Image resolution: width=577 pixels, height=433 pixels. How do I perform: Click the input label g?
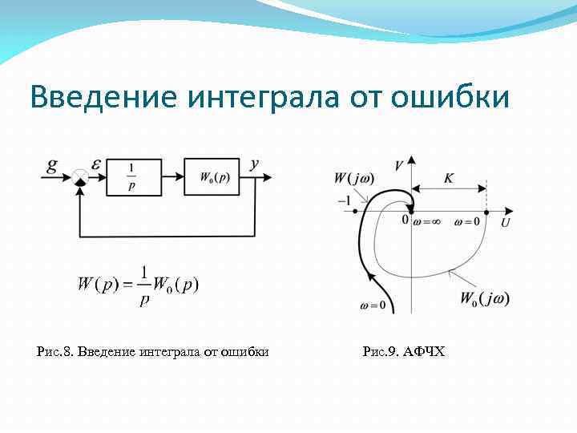52,167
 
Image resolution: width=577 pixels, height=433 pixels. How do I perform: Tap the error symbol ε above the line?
96,164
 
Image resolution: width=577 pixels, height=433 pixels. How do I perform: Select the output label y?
254,164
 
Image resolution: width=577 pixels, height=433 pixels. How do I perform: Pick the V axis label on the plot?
398,164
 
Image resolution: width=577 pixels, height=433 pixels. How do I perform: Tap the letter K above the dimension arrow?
449,178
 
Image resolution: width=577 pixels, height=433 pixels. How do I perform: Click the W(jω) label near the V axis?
353,178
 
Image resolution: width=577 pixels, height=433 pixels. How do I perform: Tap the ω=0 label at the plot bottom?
373,306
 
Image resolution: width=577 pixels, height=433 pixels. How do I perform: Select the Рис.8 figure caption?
153,351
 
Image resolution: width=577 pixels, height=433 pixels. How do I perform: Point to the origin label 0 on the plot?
406,219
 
